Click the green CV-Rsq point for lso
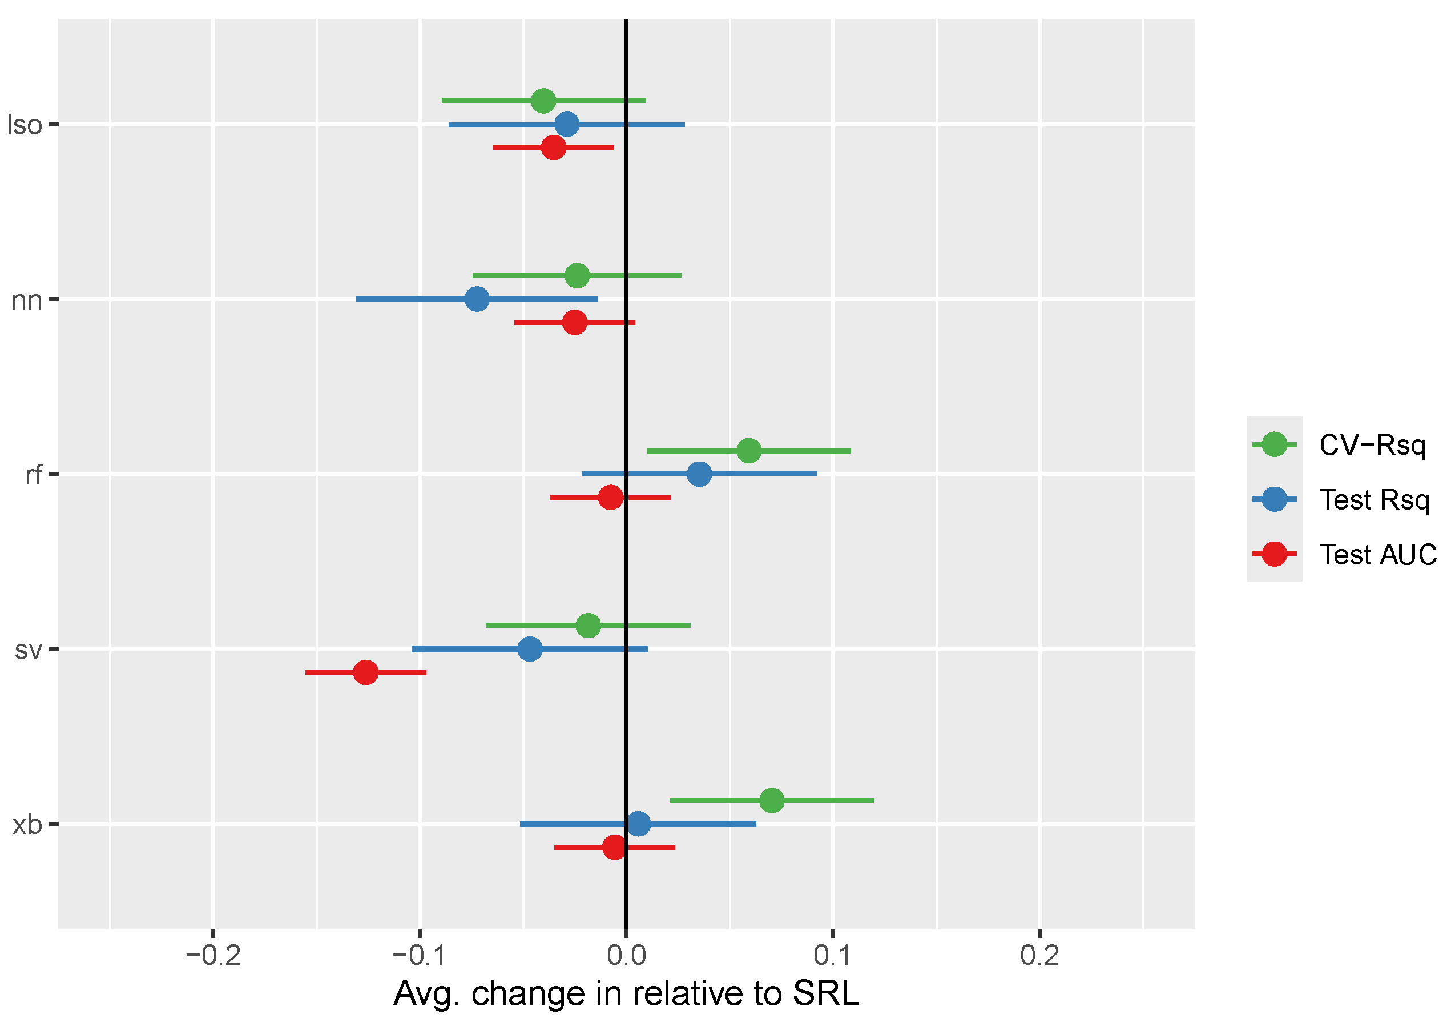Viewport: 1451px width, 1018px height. [x=543, y=101]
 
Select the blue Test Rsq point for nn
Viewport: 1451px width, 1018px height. [x=477, y=299]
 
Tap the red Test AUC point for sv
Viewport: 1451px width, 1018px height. [x=365, y=672]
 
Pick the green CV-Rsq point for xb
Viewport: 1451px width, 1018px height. [x=772, y=800]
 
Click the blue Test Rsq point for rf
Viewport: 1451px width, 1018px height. [x=699, y=474]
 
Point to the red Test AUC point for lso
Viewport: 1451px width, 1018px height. [x=554, y=148]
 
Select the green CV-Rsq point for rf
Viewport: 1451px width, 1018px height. [x=749, y=451]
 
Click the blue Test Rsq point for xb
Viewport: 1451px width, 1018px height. [x=638, y=824]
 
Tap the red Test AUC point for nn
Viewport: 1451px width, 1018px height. [x=574, y=322]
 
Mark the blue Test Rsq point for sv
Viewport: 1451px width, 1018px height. [x=530, y=649]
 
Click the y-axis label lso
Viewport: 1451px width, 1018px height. [x=25, y=125]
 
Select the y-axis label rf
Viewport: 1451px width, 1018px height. [x=34, y=474]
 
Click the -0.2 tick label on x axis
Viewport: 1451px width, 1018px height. [x=213, y=955]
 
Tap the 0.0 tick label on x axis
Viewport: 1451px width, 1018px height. [x=626, y=955]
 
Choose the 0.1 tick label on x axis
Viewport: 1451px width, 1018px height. [x=833, y=955]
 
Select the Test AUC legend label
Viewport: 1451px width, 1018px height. [x=1378, y=555]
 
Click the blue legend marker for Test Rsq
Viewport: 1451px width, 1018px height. [x=1274, y=499]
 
